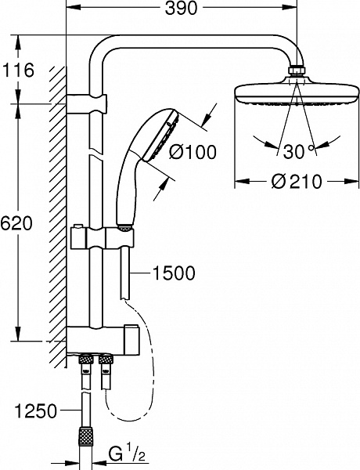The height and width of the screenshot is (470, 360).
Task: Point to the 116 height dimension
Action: coord(19,70)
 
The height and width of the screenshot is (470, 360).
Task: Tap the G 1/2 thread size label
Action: coord(124,454)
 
